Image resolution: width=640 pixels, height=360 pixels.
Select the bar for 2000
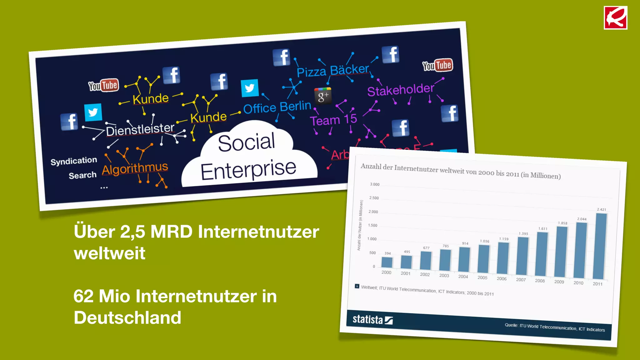pyautogui.click(x=387, y=262)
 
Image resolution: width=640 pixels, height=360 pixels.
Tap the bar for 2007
pyautogui.click(x=522, y=256)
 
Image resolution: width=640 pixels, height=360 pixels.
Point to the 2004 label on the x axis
pyautogui.click(x=463, y=277)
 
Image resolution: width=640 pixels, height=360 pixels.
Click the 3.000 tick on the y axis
pyautogui.click(x=375, y=184)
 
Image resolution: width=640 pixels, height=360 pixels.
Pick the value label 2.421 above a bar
pyautogui.click(x=601, y=209)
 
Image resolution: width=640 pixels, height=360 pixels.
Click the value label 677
pyautogui.click(x=426, y=248)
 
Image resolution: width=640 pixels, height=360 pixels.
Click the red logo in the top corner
pyautogui.click(x=615, y=18)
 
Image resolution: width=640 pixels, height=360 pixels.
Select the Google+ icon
pyautogui.click(x=323, y=96)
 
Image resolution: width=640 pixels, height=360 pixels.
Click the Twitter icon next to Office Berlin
pyautogui.click(x=250, y=88)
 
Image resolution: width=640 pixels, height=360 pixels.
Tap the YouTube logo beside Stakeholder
pyautogui.click(x=437, y=65)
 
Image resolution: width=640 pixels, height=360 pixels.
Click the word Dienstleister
pyautogui.click(x=140, y=129)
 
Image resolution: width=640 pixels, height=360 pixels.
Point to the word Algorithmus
pyautogui.click(x=135, y=168)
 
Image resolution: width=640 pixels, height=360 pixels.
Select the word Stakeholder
pyautogui.click(x=400, y=90)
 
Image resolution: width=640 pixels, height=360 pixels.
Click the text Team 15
pyautogui.click(x=333, y=120)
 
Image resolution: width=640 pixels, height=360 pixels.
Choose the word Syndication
pyautogui.click(x=74, y=161)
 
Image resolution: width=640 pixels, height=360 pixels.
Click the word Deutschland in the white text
pyautogui.click(x=127, y=317)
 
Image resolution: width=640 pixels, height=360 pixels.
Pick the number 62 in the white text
pyautogui.click(x=83, y=296)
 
